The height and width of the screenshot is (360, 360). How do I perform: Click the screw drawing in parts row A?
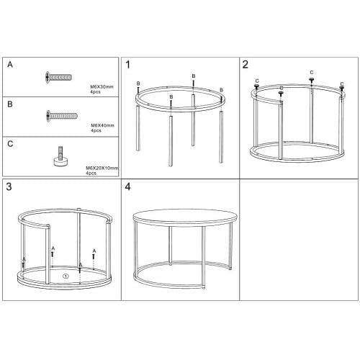click(x=59, y=77)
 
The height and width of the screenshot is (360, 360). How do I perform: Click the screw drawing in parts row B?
click(x=62, y=116)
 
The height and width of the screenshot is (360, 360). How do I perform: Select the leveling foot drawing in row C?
click(x=60, y=156)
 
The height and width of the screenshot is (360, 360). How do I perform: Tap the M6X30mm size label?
click(x=102, y=86)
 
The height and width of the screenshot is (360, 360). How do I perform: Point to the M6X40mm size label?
click(x=102, y=125)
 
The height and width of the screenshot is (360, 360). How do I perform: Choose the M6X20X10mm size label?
click(x=102, y=168)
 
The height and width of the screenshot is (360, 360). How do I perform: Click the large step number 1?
click(x=128, y=65)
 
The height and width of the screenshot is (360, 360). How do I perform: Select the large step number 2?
click(x=245, y=65)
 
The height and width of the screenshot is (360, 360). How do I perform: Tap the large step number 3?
click(x=9, y=186)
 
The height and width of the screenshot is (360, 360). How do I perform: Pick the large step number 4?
click(x=127, y=186)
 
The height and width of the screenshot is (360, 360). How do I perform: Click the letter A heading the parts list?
click(x=10, y=64)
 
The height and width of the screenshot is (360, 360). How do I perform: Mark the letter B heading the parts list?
click(x=10, y=104)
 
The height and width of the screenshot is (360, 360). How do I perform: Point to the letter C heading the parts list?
click(x=10, y=144)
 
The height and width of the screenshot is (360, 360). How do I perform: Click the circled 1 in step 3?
click(x=66, y=276)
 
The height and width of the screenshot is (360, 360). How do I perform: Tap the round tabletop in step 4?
click(x=185, y=217)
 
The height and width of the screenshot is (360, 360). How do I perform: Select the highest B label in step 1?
click(x=194, y=76)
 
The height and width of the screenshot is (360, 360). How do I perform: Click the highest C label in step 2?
click(x=312, y=72)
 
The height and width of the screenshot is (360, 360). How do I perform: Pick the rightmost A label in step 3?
click(x=94, y=251)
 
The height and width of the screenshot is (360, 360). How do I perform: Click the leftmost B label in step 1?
click(x=138, y=84)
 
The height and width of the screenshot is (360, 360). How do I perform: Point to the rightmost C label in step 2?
click(x=342, y=84)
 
